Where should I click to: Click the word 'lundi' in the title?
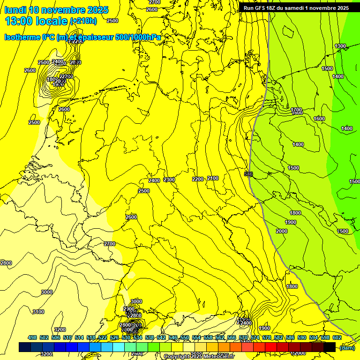(16, 10)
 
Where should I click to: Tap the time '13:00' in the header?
(18, 21)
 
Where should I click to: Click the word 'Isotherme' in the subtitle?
(22, 37)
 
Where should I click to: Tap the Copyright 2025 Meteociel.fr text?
(199, 357)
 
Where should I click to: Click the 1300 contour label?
(340, 46)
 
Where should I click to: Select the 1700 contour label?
(296, 110)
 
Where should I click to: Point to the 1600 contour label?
(319, 119)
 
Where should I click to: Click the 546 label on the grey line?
(249, 174)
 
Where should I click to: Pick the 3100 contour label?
(38, 312)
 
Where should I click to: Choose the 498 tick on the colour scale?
(32, 337)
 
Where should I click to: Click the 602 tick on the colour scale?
(337, 337)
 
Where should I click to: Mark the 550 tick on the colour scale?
(184, 337)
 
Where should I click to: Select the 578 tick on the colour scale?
(266, 337)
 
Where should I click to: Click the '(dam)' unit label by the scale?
(347, 347)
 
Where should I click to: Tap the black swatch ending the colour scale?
(330, 347)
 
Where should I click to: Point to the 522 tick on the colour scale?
(103, 337)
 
